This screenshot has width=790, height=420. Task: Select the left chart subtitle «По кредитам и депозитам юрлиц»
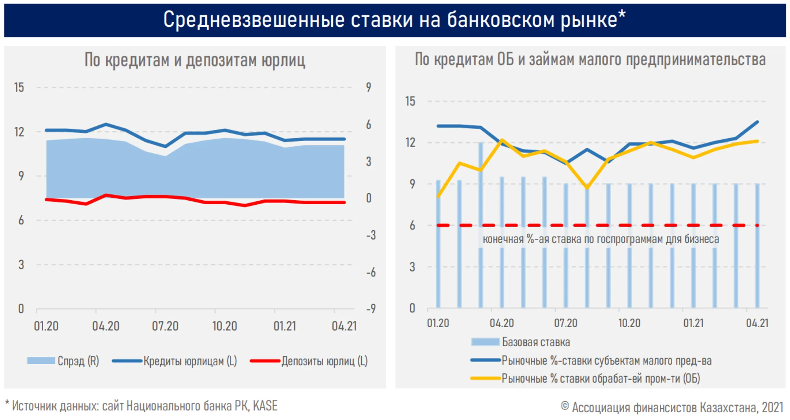pos(195,60)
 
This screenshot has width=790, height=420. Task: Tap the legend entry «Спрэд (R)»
pos(63,361)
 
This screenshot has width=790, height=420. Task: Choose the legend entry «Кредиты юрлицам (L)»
pos(174,361)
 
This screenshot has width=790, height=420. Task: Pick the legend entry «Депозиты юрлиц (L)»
pos(309,361)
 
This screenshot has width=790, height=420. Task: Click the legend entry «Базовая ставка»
pos(521,342)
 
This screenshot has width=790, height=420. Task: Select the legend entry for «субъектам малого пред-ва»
pos(591,361)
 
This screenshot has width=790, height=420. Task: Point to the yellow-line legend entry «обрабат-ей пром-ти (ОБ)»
pos(585,378)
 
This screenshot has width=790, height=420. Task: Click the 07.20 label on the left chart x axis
pos(165,326)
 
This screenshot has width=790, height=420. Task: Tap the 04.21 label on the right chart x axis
pos(757,323)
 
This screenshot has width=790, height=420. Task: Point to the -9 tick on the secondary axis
pos(371,308)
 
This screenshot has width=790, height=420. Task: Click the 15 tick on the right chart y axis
pos(410,101)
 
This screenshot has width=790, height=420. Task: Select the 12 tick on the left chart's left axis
pos(19,132)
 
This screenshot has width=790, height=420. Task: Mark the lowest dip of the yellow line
pos(587,188)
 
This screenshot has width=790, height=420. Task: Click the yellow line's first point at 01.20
pos(438,197)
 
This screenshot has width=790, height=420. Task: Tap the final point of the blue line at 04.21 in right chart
pos(757,122)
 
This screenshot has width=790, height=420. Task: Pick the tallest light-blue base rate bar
pos(481,225)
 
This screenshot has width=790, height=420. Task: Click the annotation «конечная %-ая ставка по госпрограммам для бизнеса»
pos(601,239)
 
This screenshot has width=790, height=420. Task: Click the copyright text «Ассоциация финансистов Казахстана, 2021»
pos(677,407)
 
